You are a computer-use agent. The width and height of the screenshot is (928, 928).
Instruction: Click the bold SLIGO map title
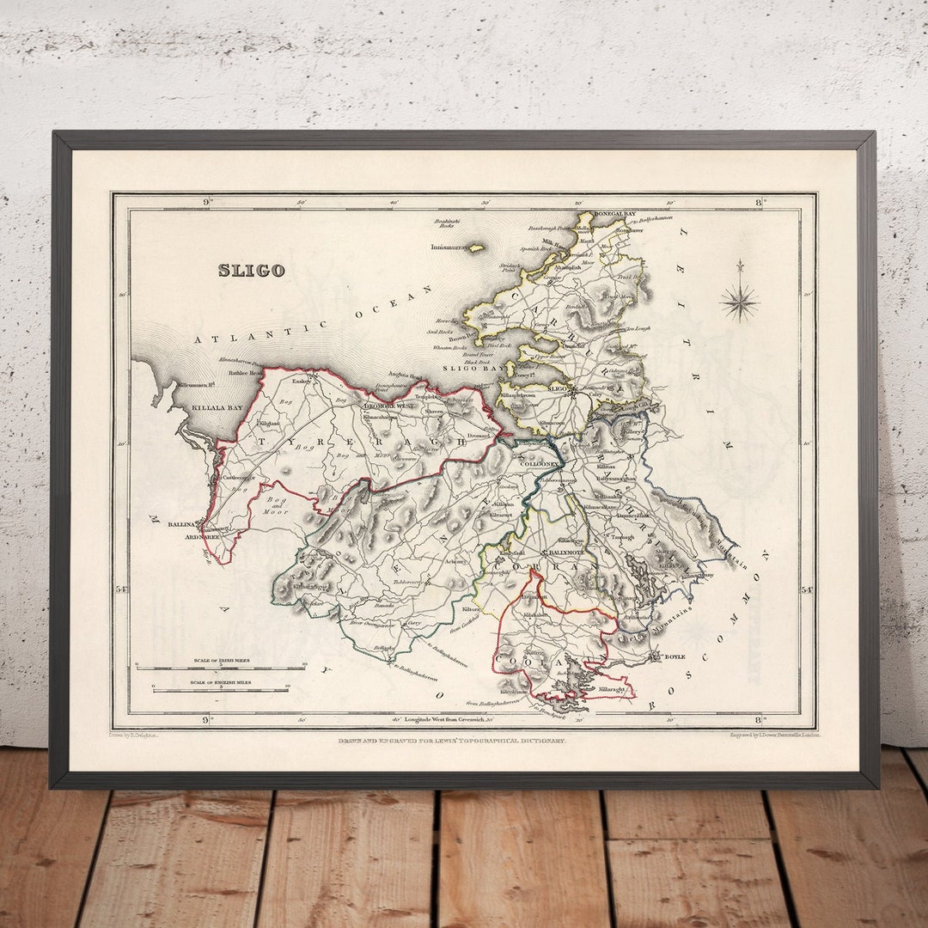point(251,271)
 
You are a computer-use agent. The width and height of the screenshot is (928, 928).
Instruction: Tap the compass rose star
point(739,302)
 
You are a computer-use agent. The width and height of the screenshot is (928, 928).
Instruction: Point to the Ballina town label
point(181,523)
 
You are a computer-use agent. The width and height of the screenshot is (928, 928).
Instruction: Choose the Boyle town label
point(675,656)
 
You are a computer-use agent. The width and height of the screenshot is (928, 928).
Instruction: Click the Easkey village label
point(300,381)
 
